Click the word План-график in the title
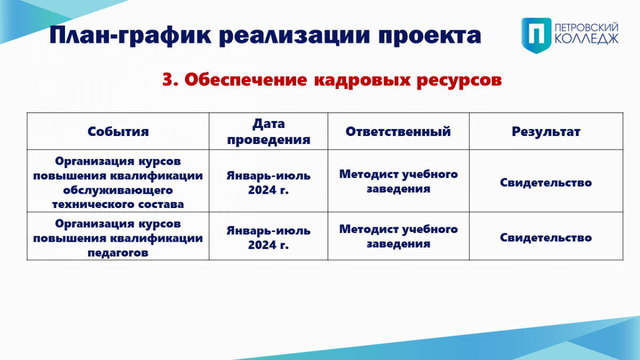[x=130, y=35]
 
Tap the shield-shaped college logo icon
[x=537, y=35]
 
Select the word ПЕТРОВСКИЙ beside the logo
[x=587, y=28]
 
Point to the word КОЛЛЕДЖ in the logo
[x=587, y=39]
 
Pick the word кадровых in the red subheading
[x=362, y=81]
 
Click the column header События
[x=118, y=131]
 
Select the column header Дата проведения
[x=269, y=131]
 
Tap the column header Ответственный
[x=398, y=131]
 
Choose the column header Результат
[x=546, y=132]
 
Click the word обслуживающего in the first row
[x=118, y=190]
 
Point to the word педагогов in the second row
[x=118, y=253]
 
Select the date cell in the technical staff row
[x=269, y=182]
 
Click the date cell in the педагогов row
[x=269, y=238]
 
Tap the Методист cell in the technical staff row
[x=398, y=181]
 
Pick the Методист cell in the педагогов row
[x=398, y=236]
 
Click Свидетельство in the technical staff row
[x=546, y=182]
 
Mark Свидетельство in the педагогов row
[x=546, y=238]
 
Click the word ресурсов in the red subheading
[x=459, y=81]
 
